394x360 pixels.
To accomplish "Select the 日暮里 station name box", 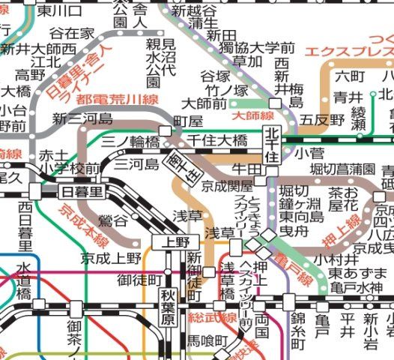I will point(79,191).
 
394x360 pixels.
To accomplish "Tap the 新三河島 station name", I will point(82,118).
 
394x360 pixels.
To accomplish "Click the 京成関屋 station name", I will point(227,186).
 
